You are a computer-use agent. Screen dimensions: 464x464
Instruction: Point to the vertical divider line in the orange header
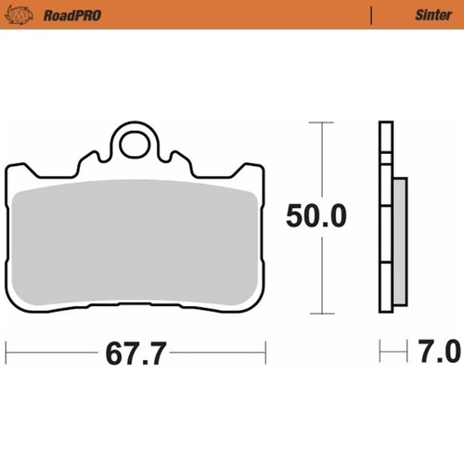click(x=370, y=15)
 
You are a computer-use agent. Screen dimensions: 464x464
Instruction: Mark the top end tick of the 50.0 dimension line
click(x=320, y=122)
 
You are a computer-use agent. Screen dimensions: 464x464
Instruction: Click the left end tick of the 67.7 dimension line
click(x=7, y=352)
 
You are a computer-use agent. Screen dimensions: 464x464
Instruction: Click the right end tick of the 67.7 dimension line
click(x=266, y=352)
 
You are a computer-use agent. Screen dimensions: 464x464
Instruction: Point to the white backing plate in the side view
click(x=385, y=223)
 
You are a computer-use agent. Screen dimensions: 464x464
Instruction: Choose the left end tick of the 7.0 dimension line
click(x=381, y=352)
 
